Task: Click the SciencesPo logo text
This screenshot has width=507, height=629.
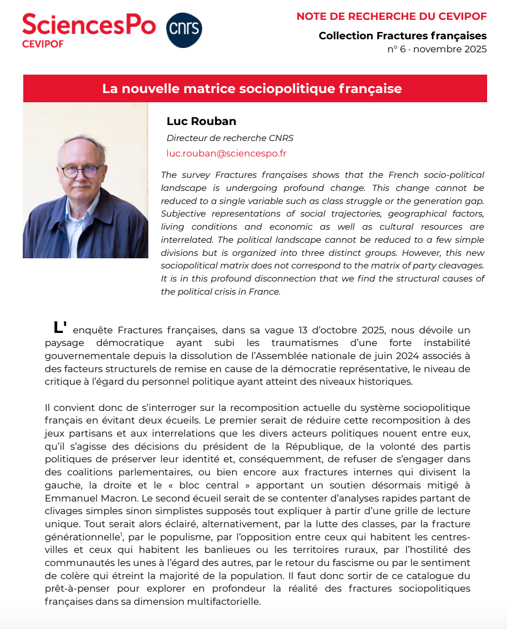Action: pos(89,25)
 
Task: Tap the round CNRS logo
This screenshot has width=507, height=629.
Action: pos(184,30)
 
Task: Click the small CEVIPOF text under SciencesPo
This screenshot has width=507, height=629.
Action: pos(43,44)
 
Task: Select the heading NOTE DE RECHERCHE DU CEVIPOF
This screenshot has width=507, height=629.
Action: pos(391,16)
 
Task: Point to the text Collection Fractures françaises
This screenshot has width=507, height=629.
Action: pos(402,36)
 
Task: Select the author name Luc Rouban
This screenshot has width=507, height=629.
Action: pos(201,121)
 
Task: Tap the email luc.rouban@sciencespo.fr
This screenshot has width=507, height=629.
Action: pos(226,154)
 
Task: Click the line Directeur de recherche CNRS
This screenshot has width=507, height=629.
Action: pos(230,138)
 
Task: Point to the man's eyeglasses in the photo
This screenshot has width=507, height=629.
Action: pos(80,171)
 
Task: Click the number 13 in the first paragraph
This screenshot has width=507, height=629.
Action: pos(303,330)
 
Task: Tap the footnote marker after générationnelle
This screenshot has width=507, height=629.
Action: pos(122,534)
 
